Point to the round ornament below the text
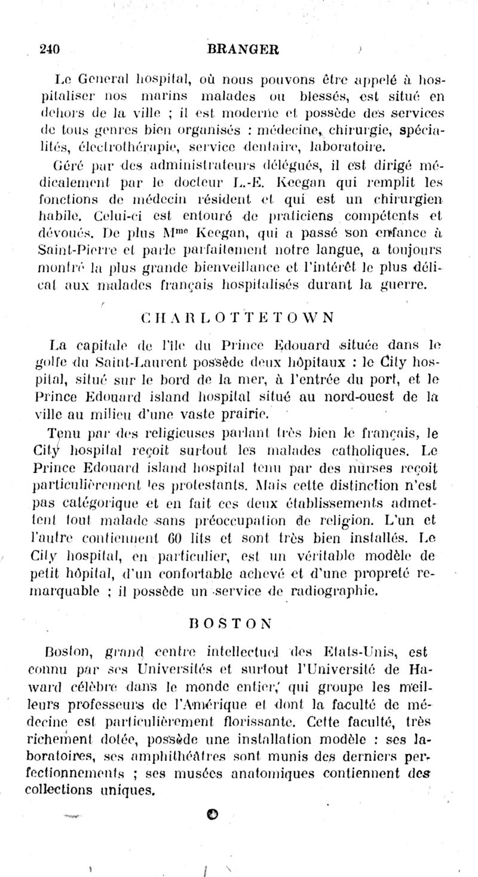pos(213,813)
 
